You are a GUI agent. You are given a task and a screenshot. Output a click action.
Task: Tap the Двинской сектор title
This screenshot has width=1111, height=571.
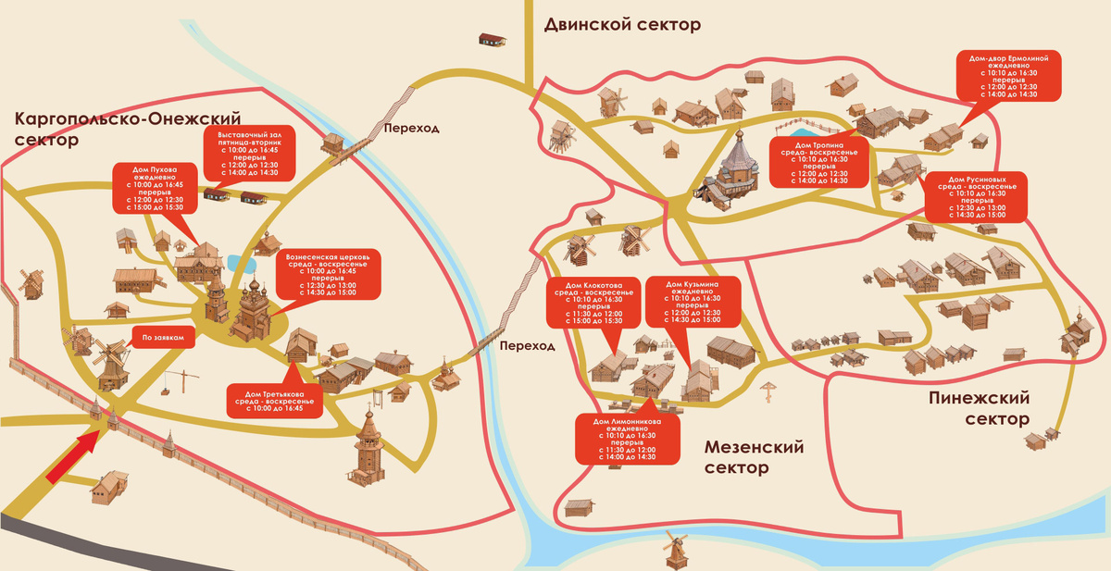coord(622,24)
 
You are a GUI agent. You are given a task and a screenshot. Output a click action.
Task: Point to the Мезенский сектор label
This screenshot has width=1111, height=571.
coord(754,457)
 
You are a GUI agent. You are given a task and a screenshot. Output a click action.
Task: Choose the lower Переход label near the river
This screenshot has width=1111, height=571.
coord(526,346)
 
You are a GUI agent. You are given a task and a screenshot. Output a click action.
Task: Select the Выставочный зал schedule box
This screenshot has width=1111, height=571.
coord(248,154)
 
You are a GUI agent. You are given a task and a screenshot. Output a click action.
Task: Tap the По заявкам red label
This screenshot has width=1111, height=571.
coord(164,338)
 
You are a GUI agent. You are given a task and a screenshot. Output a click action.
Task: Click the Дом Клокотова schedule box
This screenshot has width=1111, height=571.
coord(594,302)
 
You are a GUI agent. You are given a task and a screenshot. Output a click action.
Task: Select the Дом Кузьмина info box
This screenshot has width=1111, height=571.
coord(693,302)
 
